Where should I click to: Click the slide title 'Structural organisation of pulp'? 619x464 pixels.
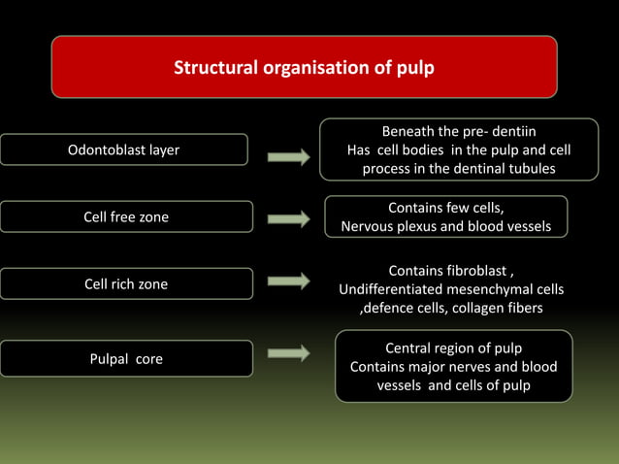(x=304, y=69)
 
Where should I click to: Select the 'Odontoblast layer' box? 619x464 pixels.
(x=123, y=149)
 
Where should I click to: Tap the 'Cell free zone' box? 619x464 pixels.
(x=126, y=216)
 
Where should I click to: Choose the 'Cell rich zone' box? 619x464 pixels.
(x=126, y=283)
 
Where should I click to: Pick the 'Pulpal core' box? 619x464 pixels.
(x=126, y=358)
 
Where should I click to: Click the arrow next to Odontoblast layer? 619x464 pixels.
(x=288, y=157)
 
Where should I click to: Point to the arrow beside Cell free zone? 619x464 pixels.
(x=288, y=219)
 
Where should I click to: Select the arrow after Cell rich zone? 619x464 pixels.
(x=288, y=282)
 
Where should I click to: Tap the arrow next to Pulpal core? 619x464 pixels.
(x=288, y=354)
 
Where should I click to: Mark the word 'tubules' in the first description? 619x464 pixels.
(x=530, y=169)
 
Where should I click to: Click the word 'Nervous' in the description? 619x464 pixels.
(x=369, y=227)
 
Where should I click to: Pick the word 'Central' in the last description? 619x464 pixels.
(x=409, y=348)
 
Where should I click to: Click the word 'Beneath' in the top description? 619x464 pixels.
(x=407, y=131)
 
